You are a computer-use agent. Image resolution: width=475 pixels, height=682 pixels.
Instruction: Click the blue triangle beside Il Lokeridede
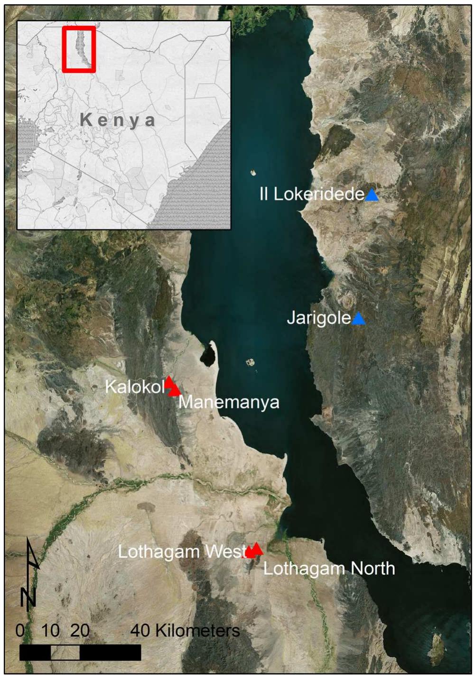click(372, 195)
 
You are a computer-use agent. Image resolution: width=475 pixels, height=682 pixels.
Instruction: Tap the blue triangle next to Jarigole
click(359, 319)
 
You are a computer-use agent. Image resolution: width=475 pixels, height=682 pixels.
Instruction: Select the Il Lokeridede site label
click(312, 194)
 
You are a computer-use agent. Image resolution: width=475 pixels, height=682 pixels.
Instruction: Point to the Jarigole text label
click(319, 318)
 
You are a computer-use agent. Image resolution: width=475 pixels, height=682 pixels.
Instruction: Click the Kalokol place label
click(135, 387)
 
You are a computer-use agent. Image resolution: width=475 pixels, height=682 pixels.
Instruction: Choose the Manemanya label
click(229, 402)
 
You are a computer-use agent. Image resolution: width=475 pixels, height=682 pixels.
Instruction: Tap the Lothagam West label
click(182, 552)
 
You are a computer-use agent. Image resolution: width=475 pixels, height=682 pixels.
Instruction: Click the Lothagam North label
click(329, 568)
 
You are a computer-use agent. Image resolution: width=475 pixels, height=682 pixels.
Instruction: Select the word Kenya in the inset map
click(118, 120)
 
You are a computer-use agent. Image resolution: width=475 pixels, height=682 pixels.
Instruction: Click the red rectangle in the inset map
click(79, 49)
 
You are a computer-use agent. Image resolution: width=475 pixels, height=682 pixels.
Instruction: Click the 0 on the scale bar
click(20, 630)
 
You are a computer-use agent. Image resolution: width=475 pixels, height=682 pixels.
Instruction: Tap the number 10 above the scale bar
click(50, 630)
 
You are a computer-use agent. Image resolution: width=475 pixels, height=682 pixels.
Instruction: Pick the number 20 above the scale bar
click(80, 630)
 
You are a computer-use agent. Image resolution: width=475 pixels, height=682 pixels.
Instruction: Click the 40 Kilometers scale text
click(185, 631)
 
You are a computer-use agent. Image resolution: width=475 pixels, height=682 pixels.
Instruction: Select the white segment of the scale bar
click(65, 653)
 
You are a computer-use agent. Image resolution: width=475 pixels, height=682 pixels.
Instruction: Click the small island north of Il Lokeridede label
click(253, 173)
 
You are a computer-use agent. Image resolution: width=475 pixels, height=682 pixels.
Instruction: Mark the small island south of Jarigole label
click(251, 363)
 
